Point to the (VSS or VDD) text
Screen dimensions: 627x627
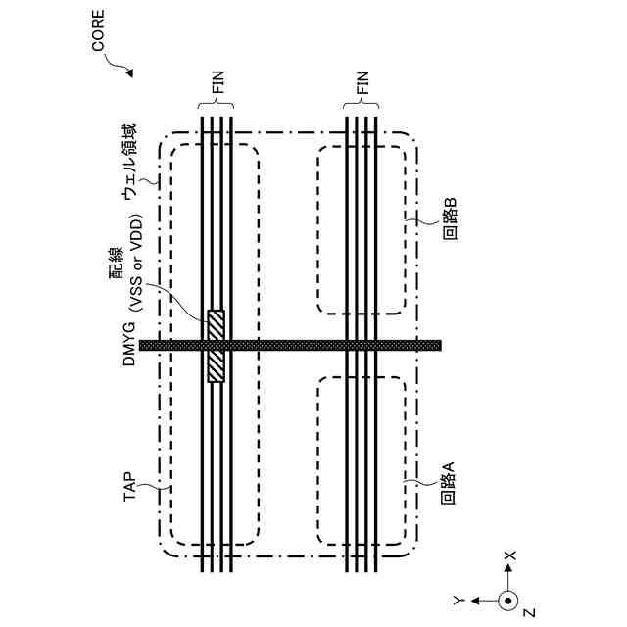(x=137, y=263)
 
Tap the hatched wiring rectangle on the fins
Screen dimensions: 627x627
(x=216, y=345)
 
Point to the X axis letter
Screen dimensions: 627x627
(x=508, y=555)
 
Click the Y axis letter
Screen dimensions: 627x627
(x=458, y=598)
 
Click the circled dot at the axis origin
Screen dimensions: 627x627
(x=507, y=599)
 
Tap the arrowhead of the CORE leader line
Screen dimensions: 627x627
(x=131, y=74)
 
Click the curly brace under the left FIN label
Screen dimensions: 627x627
(x=215, y=108)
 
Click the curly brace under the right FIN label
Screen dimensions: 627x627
(x=362, y=108)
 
